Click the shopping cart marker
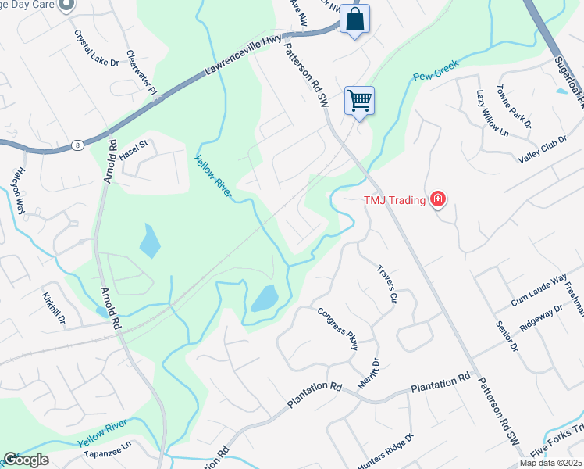(359, 100)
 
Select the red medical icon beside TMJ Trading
(438, 200)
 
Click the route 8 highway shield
(77, 145)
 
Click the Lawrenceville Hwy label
(244, 55)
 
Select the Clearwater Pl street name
(142, 75)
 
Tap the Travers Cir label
(388, 282)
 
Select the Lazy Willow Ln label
(492, 114)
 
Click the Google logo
(25, 460)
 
